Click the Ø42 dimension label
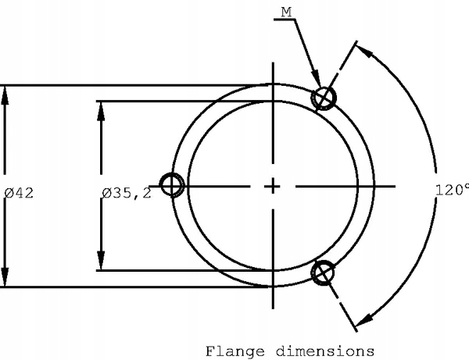coord(19,193)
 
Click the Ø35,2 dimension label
coord(127,194)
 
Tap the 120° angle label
coord(452,190)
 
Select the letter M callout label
coord(286,12)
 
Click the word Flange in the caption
coord(235,351)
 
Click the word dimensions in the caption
coord(325,351)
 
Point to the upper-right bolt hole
coord(324,98)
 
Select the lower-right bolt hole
coord(323,273)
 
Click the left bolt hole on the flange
coord(172,185)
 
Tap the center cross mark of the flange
coord(273,187)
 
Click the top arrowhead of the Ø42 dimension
coord(5,95)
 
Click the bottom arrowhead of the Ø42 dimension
coord(5,277)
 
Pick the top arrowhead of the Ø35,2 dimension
coord(101,111)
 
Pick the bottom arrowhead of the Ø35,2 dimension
coord(101,261)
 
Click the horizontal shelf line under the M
coord(285,20)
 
